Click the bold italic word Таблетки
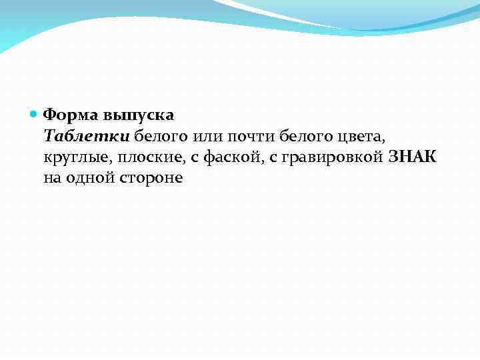(x=87, y=137)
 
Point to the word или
(x=207, y=137)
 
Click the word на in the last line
(x=51, y=179)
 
